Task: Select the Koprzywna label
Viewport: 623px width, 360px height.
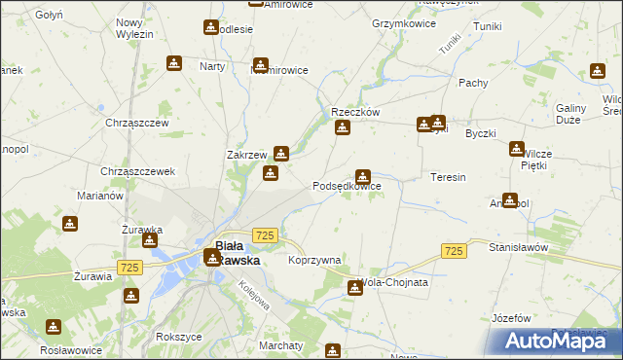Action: (314, 261)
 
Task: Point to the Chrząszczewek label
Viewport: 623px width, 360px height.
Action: (138, 171)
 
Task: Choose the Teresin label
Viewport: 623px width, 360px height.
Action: (448, 178)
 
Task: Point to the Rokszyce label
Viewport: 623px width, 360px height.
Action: (178, 336)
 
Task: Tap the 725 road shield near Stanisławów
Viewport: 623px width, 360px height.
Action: (452, 251)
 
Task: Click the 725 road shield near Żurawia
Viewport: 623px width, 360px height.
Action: (128, 267)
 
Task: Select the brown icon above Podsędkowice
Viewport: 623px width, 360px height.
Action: (363, 177)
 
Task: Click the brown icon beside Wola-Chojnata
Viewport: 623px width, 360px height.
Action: (354, 287)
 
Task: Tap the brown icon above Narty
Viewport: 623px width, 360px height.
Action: (174, 63)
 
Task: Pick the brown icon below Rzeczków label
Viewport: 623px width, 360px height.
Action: (342, 128)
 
